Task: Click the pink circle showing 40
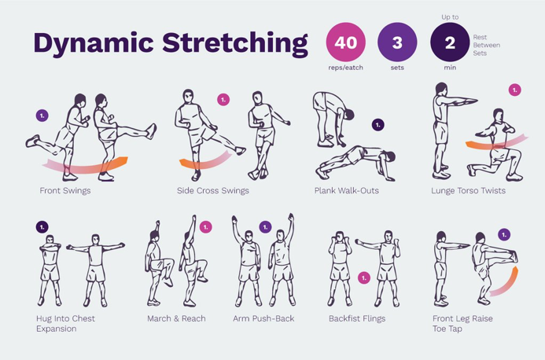(x=345, y=42)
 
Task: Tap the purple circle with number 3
(x=397, y=42)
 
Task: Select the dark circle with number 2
(x=450, y=42)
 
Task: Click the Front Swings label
(x=65, y=190)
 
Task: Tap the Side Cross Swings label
(x=212, y=190)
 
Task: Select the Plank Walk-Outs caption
(x=347, y=190)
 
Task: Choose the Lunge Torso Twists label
(x=468, y=190)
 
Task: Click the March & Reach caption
(x=176, y=318)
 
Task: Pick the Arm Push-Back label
(x=263, y=318)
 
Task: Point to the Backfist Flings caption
(x=357, y=318)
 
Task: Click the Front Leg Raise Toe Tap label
(x=462, y=324)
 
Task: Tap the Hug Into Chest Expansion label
(x=65, y=324)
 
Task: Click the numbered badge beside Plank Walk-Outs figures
(x=377, y=124)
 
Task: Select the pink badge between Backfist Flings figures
(x=364, y=277)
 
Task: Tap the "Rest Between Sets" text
(x=486, y=45)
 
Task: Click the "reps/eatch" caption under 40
(x=345, y=68)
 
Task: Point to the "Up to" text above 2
(x=450, y=17)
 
